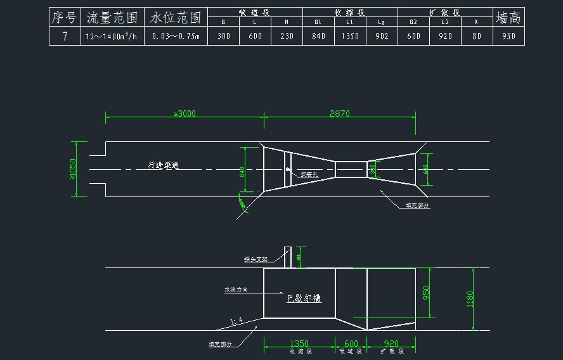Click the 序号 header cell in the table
click(65, 17)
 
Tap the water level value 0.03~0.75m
click(176, 36)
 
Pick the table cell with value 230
click(287, 36)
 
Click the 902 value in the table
click(382, 36)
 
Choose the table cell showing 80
click(477, 36)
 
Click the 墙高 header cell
click(509, 17)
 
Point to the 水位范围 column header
click(176, 17)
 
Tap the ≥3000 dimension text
click(184, 113)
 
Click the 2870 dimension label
click(340, 113)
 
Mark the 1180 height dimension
click(470, 299)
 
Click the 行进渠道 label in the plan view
click(164, 165)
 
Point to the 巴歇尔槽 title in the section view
click(304, 297)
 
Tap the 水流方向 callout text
click(236, 290)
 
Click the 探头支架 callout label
click(256, 259)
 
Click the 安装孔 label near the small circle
click(309, 174)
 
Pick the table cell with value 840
click(318, 36)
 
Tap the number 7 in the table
click(65, 36)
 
